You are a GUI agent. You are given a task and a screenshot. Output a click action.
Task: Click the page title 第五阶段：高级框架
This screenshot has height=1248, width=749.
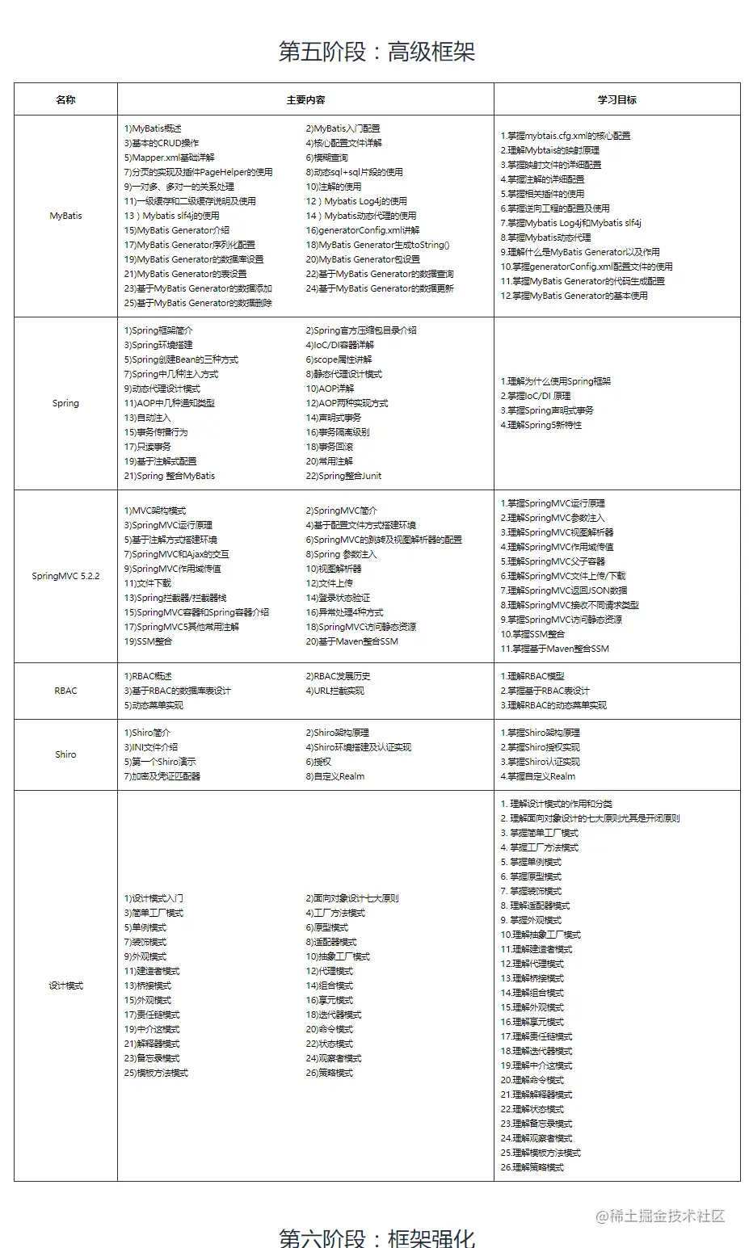pos(377,52)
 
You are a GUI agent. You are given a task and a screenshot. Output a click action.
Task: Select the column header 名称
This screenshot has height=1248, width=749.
pos(65,100)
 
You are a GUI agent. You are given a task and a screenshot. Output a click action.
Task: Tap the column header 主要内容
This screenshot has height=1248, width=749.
pos(305,100)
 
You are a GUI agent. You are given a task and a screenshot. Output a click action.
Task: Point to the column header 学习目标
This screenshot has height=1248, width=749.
pos(616,100)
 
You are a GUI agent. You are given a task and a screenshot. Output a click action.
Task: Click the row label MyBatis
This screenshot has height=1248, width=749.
pos(65,216)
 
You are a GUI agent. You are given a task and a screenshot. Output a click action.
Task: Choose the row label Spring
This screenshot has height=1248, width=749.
pos(65,403)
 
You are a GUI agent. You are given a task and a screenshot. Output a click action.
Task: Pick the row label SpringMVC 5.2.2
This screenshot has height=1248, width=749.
pos(65,576)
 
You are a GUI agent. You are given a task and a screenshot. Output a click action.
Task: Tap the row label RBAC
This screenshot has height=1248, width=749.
pos(65,691)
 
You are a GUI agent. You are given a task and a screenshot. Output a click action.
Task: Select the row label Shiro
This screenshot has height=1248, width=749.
pos(65,754)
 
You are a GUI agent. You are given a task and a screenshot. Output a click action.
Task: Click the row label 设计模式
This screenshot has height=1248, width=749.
pos(65,985)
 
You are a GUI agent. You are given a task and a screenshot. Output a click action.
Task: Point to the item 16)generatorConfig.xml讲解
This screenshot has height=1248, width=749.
pos(362,230)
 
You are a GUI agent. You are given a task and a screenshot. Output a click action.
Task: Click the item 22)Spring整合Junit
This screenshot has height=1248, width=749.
pos(343,476)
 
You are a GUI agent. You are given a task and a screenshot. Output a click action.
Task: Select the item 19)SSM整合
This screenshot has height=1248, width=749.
pos(148,641)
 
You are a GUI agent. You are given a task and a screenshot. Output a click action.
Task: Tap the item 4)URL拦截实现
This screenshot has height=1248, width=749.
pos(335,691)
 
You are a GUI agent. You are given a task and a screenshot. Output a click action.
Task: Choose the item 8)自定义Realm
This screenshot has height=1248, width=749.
pos(335,776)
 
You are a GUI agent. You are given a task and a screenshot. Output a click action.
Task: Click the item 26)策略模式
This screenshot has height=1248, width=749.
pos(329,1073)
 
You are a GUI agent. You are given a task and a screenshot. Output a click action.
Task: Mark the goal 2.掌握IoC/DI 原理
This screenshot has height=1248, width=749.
pos(535,396)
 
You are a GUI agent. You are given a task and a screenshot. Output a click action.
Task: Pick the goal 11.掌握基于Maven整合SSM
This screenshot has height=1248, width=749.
pos(554,649)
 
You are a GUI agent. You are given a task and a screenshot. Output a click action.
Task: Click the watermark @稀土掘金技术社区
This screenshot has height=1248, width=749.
pos(660,1216)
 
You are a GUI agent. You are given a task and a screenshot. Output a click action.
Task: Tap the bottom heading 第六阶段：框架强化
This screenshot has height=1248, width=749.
pos(377,1237)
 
